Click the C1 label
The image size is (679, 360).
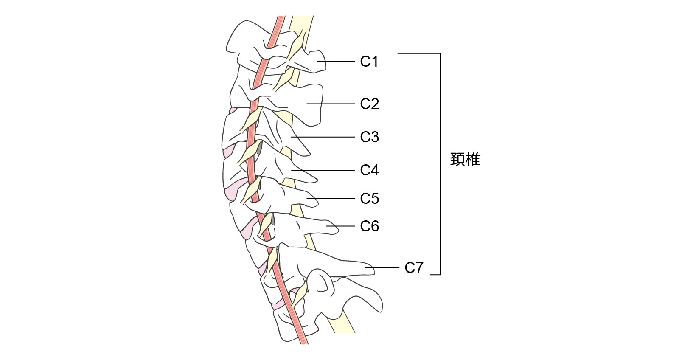[x=369, y=62]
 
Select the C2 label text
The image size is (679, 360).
[x=369, y=104]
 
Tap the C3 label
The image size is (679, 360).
[x=369, y=137]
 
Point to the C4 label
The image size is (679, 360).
[x=369, y=170]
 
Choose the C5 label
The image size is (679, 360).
[x=369, y=199]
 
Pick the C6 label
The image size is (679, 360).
[x=369, y=226]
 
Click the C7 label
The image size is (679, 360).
[x=414, y=268]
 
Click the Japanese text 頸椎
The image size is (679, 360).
[x=465, y=160]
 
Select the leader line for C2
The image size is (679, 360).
[x=331, y=104]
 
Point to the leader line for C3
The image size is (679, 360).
[x=323, y=137]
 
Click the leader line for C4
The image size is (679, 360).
[x=323, y=170]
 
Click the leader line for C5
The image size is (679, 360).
[x=331, y=198]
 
